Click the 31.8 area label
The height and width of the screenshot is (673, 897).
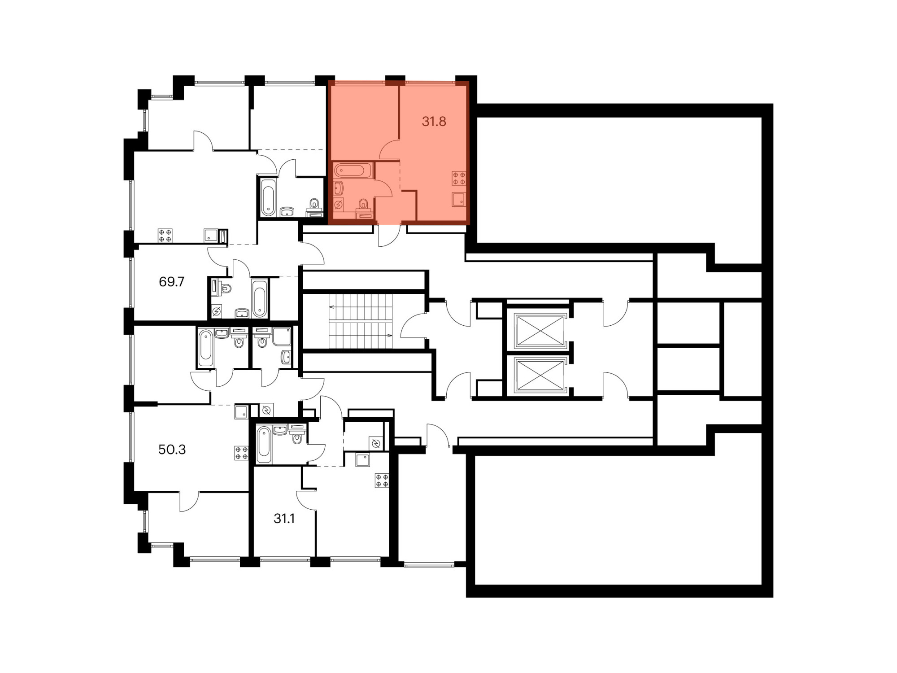tap(434, 122)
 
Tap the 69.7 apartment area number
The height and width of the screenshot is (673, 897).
tap(172, 282)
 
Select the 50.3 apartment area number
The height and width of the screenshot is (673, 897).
tap(172, 450)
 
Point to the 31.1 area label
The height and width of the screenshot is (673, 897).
tap(284, 519)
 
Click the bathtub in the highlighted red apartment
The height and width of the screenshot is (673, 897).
tap(352, 170)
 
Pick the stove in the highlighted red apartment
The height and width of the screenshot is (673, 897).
tap(459, 178)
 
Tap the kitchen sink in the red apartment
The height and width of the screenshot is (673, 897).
tap(459, 199)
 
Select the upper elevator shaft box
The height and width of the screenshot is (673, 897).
tap(540, 331)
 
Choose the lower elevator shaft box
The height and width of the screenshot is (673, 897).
tap(540, 375)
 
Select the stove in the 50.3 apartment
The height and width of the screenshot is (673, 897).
tap(241, 453)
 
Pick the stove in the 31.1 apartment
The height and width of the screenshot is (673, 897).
tap(382, 481)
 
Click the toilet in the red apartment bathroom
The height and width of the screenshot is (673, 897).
tap(363, 204)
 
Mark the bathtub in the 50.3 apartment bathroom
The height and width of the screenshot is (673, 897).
tap(264, 445)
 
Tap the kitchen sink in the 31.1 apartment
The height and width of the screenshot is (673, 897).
tap(363, 460)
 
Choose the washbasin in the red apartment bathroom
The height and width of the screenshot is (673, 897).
tap(339, 188)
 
